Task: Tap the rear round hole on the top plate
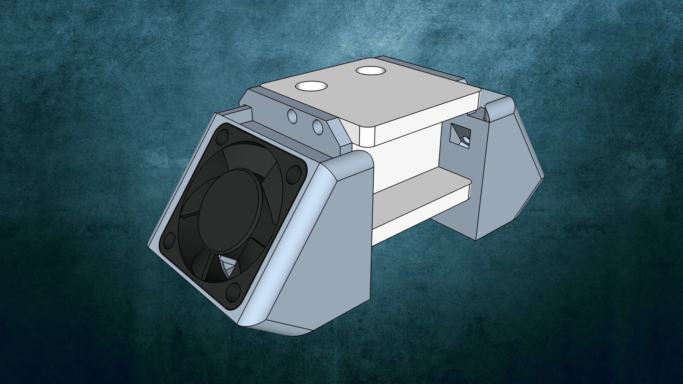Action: (371, 71)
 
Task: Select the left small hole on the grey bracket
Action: (292, 117)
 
